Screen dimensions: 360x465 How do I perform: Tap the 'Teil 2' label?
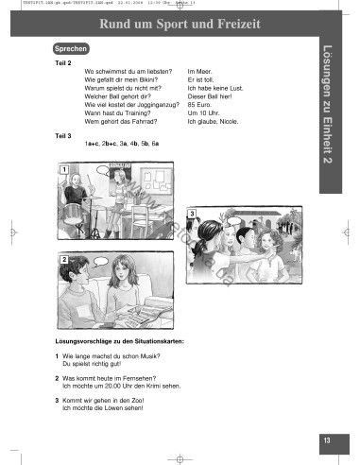point(63,62)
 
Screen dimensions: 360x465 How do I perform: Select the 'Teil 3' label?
point(63,135)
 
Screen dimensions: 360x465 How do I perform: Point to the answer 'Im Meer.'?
point(200,71)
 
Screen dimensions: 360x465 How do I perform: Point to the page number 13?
point(325,439)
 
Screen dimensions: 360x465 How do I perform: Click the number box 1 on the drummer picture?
point(63,169)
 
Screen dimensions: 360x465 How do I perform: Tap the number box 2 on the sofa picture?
point(63,258)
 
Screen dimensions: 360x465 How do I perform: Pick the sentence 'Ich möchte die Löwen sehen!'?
point(105,407)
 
